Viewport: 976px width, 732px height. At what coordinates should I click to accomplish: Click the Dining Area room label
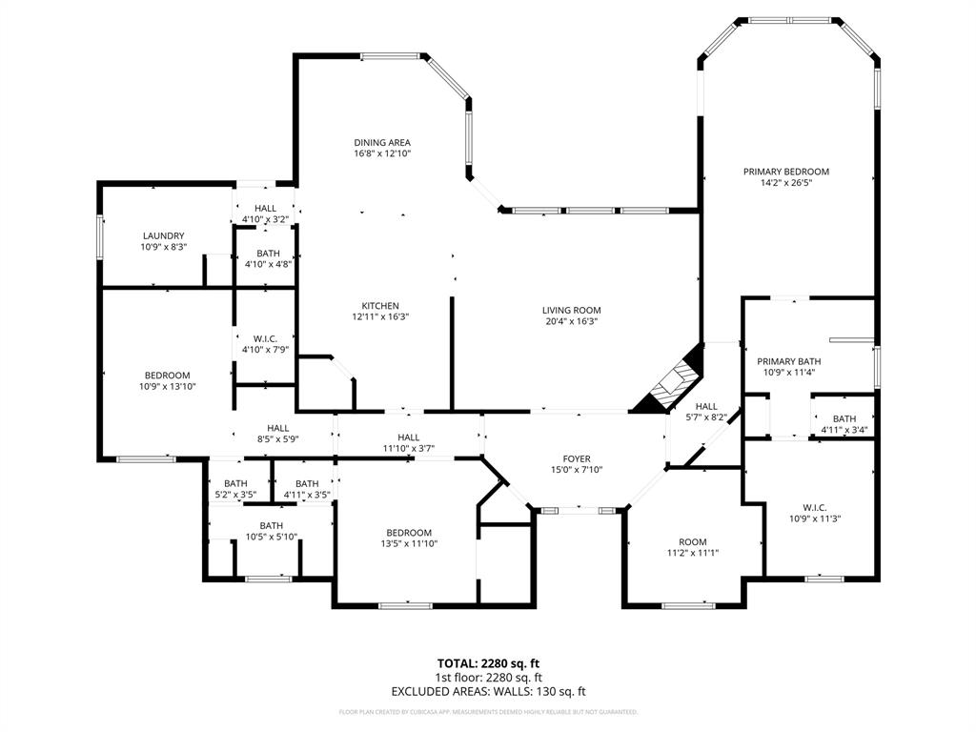[382, 143]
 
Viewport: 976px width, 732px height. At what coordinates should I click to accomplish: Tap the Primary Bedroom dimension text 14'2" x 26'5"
[786, 183]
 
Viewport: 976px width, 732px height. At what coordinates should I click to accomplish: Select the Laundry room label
[163, 235]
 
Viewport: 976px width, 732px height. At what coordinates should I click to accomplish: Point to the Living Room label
[572, 310]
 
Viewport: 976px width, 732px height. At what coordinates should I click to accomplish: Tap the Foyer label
[577, 458]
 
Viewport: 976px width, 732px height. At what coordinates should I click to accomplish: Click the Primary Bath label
[788, 361]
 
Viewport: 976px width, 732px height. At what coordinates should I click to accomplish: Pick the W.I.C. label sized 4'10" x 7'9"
[265, 337]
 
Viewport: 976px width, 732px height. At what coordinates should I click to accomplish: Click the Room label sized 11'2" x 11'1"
[693, 541]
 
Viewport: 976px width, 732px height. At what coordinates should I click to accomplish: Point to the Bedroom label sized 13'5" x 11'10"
[409, 533]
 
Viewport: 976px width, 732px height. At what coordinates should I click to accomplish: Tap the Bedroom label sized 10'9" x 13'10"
[168, 375]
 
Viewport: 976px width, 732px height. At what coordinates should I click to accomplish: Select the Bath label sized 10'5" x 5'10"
[272, 525]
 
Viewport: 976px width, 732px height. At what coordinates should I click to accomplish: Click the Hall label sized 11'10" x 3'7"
[408, 437]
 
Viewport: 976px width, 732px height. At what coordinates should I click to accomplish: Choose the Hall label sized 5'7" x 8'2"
[706, 406]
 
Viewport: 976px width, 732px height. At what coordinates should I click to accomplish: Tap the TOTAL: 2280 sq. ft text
[488, 663]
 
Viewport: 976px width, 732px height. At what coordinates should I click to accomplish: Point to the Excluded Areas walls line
[488, 692]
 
